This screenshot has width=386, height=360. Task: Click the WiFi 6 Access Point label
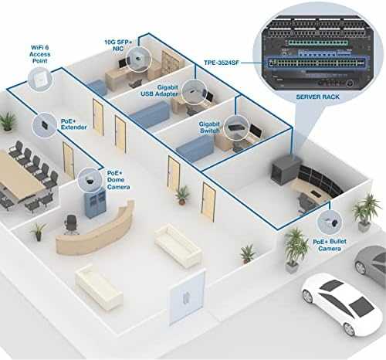[x=40, y=54]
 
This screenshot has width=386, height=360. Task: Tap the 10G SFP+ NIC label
[x=118, y=46]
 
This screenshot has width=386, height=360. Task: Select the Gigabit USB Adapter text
[x=160, y=90]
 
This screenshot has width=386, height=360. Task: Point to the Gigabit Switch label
[x=209, y=127]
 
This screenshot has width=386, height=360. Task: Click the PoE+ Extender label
[x=73, y=124]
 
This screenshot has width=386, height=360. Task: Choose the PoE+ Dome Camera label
[x=118, y=180]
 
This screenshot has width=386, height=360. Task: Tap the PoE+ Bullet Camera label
[x=330, y=245]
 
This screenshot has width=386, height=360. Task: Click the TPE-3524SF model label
[x=222, y=63]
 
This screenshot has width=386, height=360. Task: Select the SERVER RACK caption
[x=317, y=97]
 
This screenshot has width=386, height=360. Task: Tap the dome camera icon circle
[x=90, y=179]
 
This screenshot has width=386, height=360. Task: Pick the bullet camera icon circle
[x=330, y=222]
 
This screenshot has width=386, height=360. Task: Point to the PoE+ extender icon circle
[x=44, y=125]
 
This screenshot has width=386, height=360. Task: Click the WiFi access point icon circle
[x=40, y=78]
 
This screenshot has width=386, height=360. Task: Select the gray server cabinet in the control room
[x=286, y=169]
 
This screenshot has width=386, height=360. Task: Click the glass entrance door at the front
[x=187, y=297]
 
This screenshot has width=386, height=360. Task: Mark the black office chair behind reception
[x=71, y=225]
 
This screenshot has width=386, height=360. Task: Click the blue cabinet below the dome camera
[x=95, y=203]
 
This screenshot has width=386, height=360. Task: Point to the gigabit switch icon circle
[x=235, y=128]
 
